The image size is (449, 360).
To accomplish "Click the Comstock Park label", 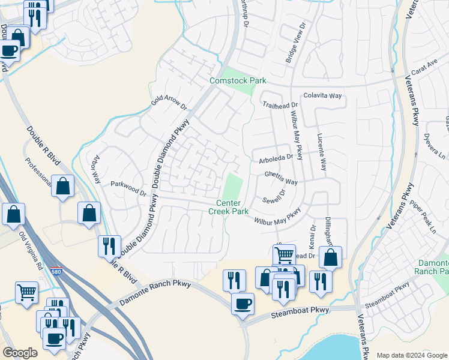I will [237, 80].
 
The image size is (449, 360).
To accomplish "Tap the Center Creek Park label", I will [228, 207].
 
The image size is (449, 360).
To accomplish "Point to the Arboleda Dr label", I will [276, 158].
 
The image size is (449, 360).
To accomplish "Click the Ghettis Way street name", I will [282, 178].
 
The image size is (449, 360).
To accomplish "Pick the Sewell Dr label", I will [274, 199].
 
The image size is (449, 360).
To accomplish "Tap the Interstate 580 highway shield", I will [56, 272].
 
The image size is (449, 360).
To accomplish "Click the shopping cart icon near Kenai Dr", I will [284, 255].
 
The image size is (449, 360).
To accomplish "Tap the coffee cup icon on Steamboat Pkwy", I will [243, 303].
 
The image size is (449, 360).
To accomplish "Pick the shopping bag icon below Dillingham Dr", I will [330, 257].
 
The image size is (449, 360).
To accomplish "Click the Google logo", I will [20, 353].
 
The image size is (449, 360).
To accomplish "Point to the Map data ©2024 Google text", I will [412, 355].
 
